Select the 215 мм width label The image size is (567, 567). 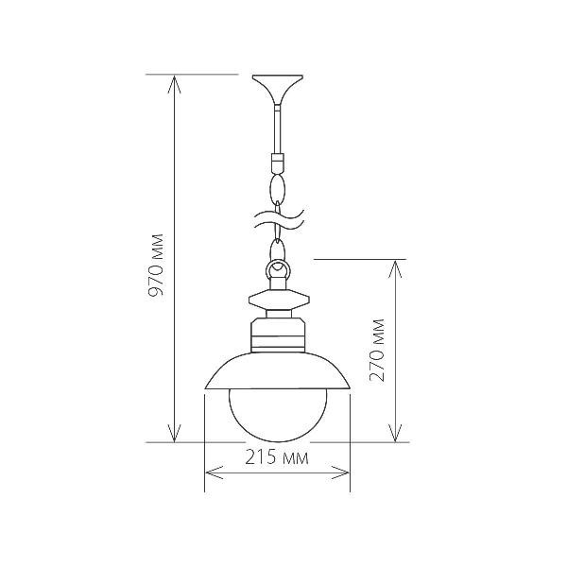point(277,460)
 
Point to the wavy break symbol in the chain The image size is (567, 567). point(277,223)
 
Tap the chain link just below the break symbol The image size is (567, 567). point(277,249)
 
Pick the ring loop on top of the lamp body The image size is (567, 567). point(278,273)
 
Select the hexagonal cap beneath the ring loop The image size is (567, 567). point(278,301)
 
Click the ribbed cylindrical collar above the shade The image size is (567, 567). point(278,335)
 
